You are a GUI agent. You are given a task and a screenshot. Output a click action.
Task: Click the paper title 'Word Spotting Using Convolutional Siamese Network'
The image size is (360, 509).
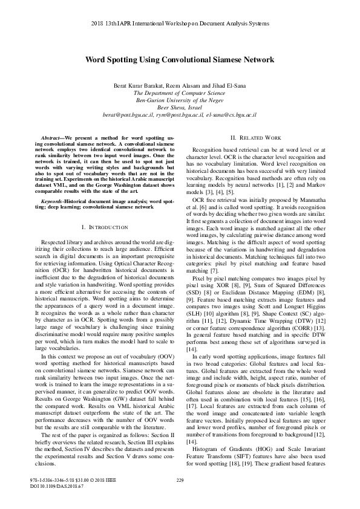(180, 60)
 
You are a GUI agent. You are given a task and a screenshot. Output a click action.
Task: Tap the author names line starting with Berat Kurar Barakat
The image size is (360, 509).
(180, 86)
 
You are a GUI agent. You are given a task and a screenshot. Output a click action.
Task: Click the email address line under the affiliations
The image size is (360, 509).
(180, 114)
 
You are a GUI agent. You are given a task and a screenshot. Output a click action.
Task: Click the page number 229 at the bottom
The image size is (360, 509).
(179, 481)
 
